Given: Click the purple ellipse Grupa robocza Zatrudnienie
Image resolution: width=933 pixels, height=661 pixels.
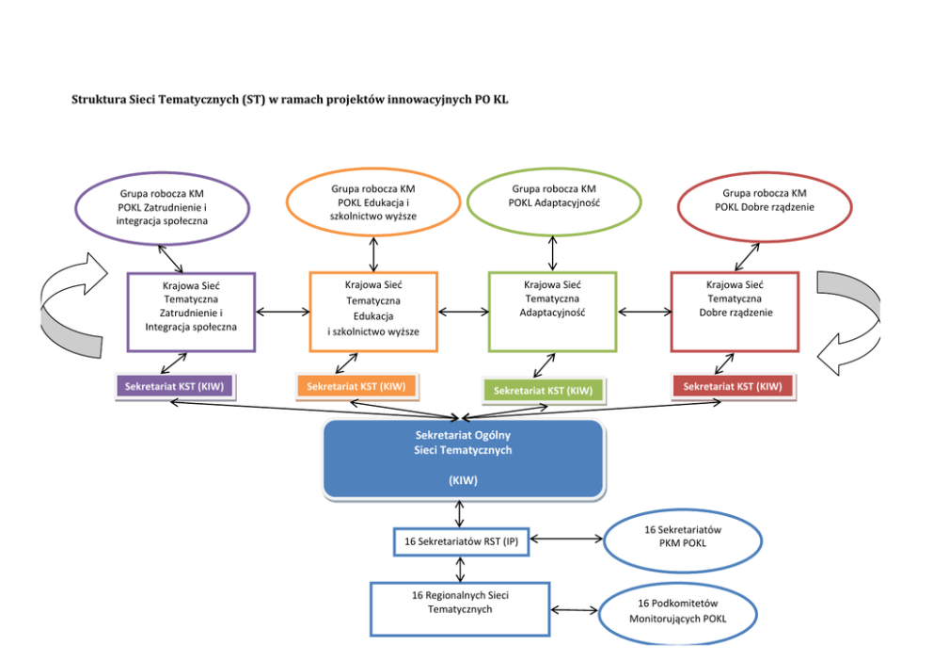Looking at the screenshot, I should (163, 207).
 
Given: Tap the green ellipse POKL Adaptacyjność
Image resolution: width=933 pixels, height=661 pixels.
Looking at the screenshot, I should (554, 201).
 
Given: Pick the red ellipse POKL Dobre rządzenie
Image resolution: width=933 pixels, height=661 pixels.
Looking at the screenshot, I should (764, 206).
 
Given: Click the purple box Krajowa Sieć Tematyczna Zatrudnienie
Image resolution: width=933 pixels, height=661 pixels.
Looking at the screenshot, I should (191, 312).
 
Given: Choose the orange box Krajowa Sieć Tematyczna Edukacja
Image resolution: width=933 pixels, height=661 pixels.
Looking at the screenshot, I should (373, 312).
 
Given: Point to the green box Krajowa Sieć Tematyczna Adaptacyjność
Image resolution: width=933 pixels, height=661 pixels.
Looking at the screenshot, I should (552, 311).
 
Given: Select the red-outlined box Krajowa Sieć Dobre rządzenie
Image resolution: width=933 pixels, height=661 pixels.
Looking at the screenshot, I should (735, 311).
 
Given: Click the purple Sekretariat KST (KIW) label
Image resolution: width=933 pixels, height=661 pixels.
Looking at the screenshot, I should (174, 387).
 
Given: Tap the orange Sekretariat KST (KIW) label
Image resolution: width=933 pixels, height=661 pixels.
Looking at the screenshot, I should (356, 386).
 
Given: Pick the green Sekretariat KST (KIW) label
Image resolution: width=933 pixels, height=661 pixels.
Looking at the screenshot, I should (544, 390).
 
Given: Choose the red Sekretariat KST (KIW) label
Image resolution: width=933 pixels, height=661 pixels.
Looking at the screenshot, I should (733, 386).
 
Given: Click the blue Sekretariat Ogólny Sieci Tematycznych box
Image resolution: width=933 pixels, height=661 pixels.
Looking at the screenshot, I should (463, 459).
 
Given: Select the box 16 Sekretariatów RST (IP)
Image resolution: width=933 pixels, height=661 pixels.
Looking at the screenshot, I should (461, 541).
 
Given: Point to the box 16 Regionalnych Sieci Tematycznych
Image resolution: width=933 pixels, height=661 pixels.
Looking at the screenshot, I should (460, 608).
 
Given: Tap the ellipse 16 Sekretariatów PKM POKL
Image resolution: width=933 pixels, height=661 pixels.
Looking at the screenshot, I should (682, 541).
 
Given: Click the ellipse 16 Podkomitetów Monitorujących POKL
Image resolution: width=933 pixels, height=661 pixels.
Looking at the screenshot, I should (677, 612).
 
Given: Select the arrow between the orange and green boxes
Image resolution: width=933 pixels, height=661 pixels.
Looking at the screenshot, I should (463, 312).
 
